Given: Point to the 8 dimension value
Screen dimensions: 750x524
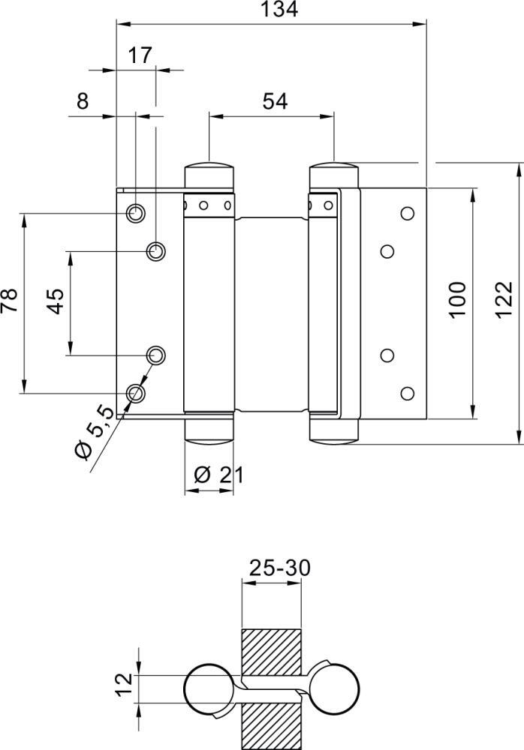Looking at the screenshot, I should [x=82, y=100].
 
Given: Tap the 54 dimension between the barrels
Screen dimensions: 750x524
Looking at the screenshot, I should [x=276, y=100].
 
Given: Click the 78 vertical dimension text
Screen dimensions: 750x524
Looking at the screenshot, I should [x=10, y=302].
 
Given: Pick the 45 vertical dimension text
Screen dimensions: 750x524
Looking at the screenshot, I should [x=56, y=302].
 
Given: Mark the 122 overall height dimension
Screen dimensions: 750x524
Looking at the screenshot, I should [x=504, y=300].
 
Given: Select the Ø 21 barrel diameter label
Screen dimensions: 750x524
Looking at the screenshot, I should [x=218, y=475].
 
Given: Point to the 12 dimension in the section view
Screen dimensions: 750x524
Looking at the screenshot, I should [x=125, y=683].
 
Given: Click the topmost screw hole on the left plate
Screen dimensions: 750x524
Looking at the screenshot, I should [x=136, y=213].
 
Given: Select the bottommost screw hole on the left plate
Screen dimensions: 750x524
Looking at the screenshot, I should [x=136, y=392].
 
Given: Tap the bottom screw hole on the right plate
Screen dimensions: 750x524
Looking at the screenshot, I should [x=408, y=392].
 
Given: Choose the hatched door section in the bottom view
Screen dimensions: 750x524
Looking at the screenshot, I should [x=271, y=652].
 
